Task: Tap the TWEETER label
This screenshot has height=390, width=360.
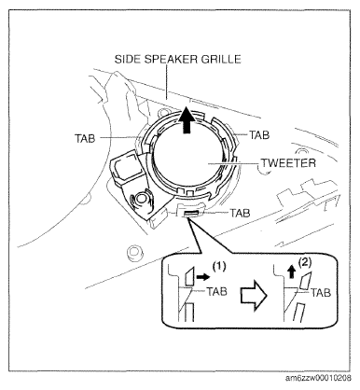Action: click(288, 162)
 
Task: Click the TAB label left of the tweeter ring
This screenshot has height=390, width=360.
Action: click(85, 138)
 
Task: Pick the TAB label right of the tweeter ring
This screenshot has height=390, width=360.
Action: click(259, 135)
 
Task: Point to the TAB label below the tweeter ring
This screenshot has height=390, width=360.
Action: click(240, 213)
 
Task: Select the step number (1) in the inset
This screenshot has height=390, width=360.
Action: click(218, 266)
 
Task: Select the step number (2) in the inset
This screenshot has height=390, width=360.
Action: click(304, 262)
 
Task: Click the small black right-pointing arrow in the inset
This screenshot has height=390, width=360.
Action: click(203, 276)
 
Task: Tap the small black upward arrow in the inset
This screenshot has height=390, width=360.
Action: click(291, 272)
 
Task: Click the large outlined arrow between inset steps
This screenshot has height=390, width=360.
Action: click(254, 295)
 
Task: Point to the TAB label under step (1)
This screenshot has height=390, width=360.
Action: click(216, 291)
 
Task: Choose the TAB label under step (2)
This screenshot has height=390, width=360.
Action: click(321, 292)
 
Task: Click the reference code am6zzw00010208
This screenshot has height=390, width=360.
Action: click(319, 378)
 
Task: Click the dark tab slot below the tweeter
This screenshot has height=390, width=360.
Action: click(191, 213)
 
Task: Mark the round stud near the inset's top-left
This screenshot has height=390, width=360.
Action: click(135, 251)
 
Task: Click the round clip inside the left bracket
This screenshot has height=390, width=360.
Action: click(141, 198)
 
